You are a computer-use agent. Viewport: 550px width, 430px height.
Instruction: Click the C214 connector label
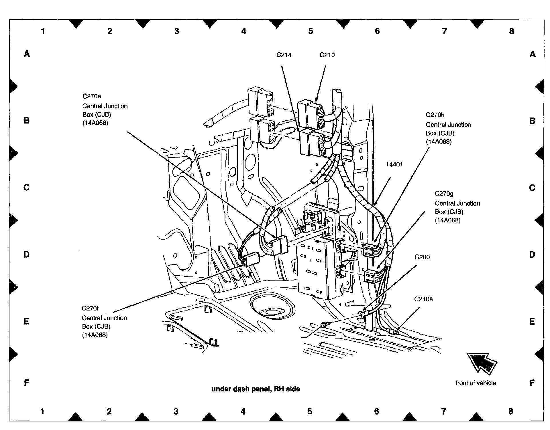tap(284, 55)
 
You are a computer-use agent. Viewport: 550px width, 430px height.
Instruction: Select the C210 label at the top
tap(327, 55)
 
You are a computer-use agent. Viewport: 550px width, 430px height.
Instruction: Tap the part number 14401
tap(394, 164)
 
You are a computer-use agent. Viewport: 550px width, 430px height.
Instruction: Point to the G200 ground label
tap(422, 257)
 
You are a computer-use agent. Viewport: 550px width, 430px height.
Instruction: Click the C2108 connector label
tap(423, 299)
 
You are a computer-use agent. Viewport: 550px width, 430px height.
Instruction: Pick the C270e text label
tap(92, 96)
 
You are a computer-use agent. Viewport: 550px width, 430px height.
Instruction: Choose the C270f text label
tap(90, 308)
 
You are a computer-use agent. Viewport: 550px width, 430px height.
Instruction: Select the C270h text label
tap(435, 115)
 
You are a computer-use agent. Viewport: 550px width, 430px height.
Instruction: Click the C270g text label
tap(444, 194)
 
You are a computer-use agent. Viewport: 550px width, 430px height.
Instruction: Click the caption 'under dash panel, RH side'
tap(256, 389)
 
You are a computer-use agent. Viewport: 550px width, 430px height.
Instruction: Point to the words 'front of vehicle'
tap(476, 383)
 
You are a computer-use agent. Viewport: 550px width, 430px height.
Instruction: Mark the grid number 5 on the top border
tap(311, 31)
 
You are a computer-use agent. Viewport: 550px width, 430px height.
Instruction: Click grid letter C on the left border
tap(26, 188)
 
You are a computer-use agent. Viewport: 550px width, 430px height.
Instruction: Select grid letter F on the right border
tap(532, 383)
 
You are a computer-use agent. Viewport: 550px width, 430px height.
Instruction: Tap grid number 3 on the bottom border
tap(176, 411)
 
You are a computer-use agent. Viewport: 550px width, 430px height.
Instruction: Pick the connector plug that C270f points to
tap(252, 259)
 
